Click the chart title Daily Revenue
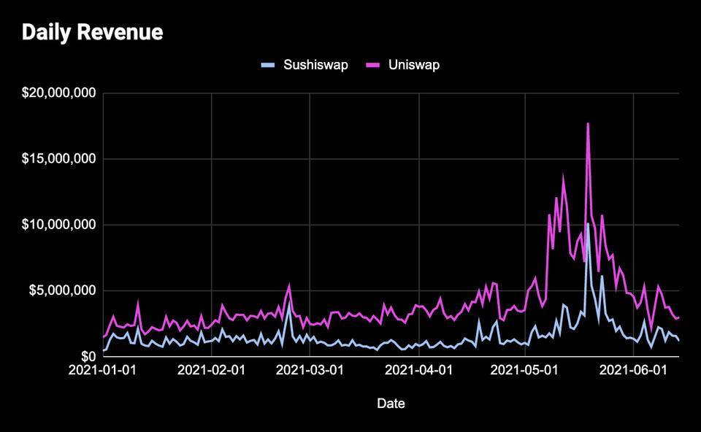click(x=93, y=33)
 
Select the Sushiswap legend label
click(x=315, y=65)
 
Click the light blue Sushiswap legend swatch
click(x=269, y=65)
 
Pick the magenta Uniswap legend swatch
click(x=372, y=65)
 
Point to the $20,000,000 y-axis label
click(x=59, y=93)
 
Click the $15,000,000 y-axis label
click(x=59, y=159)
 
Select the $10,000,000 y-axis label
click(x=59, y=225)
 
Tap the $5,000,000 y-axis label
click(x=62, y=290)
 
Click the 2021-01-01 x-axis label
click(x=103, y=371)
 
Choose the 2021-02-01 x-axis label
click(x=212, y=371)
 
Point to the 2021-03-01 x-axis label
click(x=310, y=371)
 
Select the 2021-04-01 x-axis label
click(x=419, y=371)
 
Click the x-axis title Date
click(x=391, y=403)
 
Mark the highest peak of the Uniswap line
click(x=588, y=123)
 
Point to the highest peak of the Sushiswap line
click(x=588, y=223)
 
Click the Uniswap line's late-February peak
click(x=289, y=285)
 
